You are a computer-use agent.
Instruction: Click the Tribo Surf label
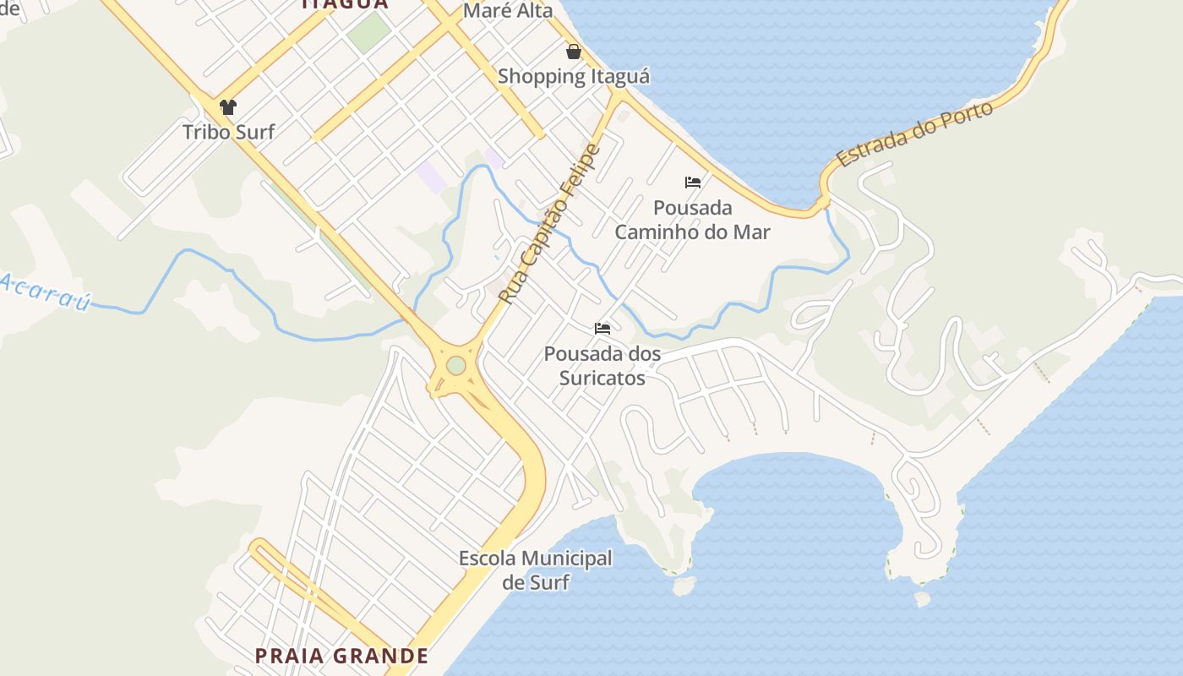pos(228,132)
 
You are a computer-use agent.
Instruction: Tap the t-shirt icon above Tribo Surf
pos(227,107)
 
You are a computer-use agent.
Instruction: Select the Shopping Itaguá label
pos(574,76)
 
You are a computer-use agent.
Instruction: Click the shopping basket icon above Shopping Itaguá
pos(574,52)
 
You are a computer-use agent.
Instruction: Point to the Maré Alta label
pos(508,11)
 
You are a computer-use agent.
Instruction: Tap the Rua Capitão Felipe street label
pos(548,225)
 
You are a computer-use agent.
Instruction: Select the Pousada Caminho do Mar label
pos(692,220)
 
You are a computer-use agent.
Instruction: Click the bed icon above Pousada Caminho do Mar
pos(693,182)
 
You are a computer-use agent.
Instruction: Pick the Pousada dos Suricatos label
pos(602,365)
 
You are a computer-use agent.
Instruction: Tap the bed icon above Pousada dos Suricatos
pos(602,328)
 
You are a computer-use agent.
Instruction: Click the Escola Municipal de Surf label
pos(535,570)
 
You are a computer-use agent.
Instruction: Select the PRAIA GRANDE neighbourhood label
pos(341,656)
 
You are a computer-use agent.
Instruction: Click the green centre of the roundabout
pos(455,366)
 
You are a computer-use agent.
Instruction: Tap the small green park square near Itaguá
pos(369,32)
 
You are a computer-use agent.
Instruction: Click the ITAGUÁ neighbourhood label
pos(345,4)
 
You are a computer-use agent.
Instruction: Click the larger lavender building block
pos(431,177)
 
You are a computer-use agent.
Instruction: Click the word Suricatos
pos(602,377)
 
